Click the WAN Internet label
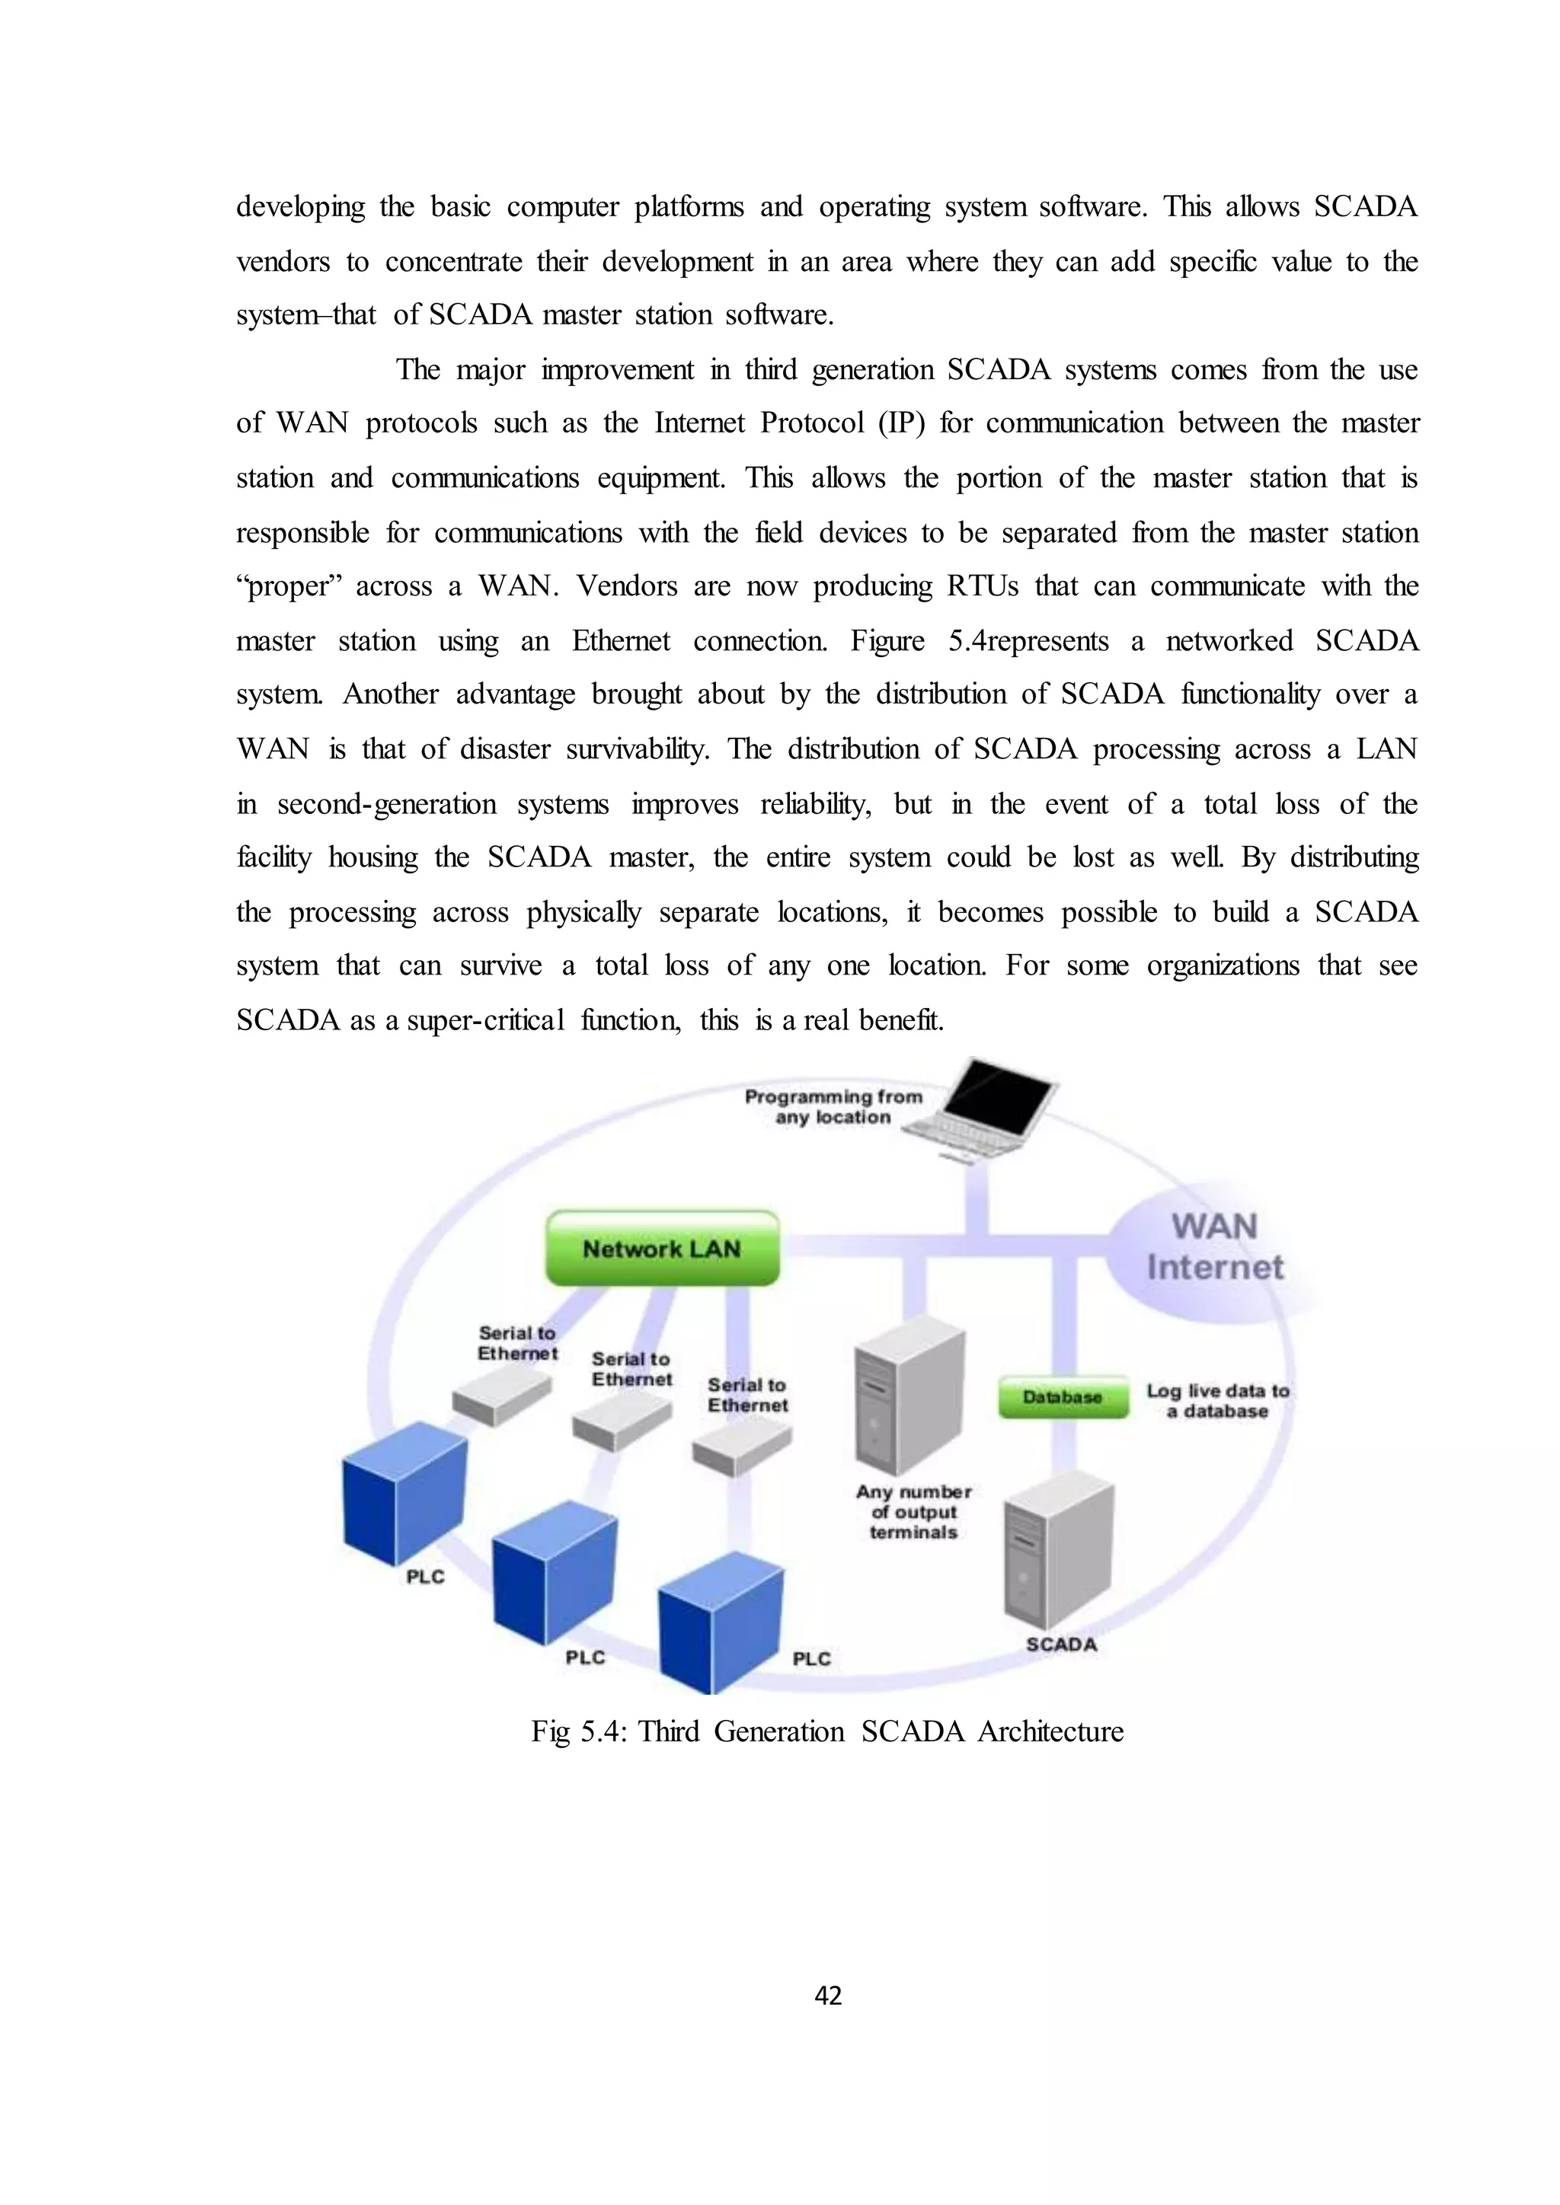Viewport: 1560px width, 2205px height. pyautogui.click(x=1214, y=1246)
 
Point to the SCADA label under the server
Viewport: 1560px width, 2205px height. pyautogui.click(x=1060, y=1644)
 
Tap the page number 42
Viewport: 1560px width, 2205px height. pyautogui.click(x=828, y=1996)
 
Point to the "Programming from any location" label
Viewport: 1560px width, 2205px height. pyautogui.click(x=833, y=1106)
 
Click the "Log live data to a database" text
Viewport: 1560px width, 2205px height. pyautogui.click(x=1217, y=1400)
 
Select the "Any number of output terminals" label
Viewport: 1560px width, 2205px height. pyautogui.click(x=913, y=1511)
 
